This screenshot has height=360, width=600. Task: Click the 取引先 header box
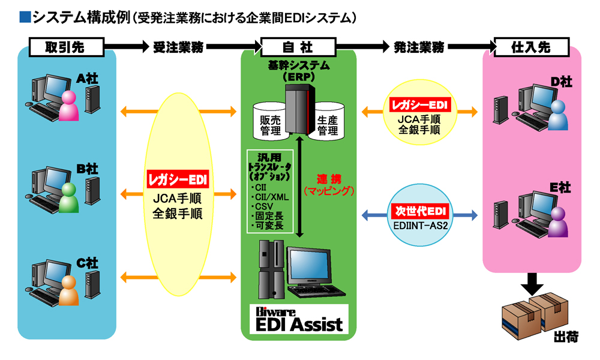click(x=67, y=46)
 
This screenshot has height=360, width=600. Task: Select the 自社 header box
click(x=298, y=46)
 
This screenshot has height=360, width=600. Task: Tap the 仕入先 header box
click(x=530, y=46)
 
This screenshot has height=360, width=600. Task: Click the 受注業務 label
click(x=178, y=46)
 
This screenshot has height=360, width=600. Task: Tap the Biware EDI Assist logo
click(x=298, y=320)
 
